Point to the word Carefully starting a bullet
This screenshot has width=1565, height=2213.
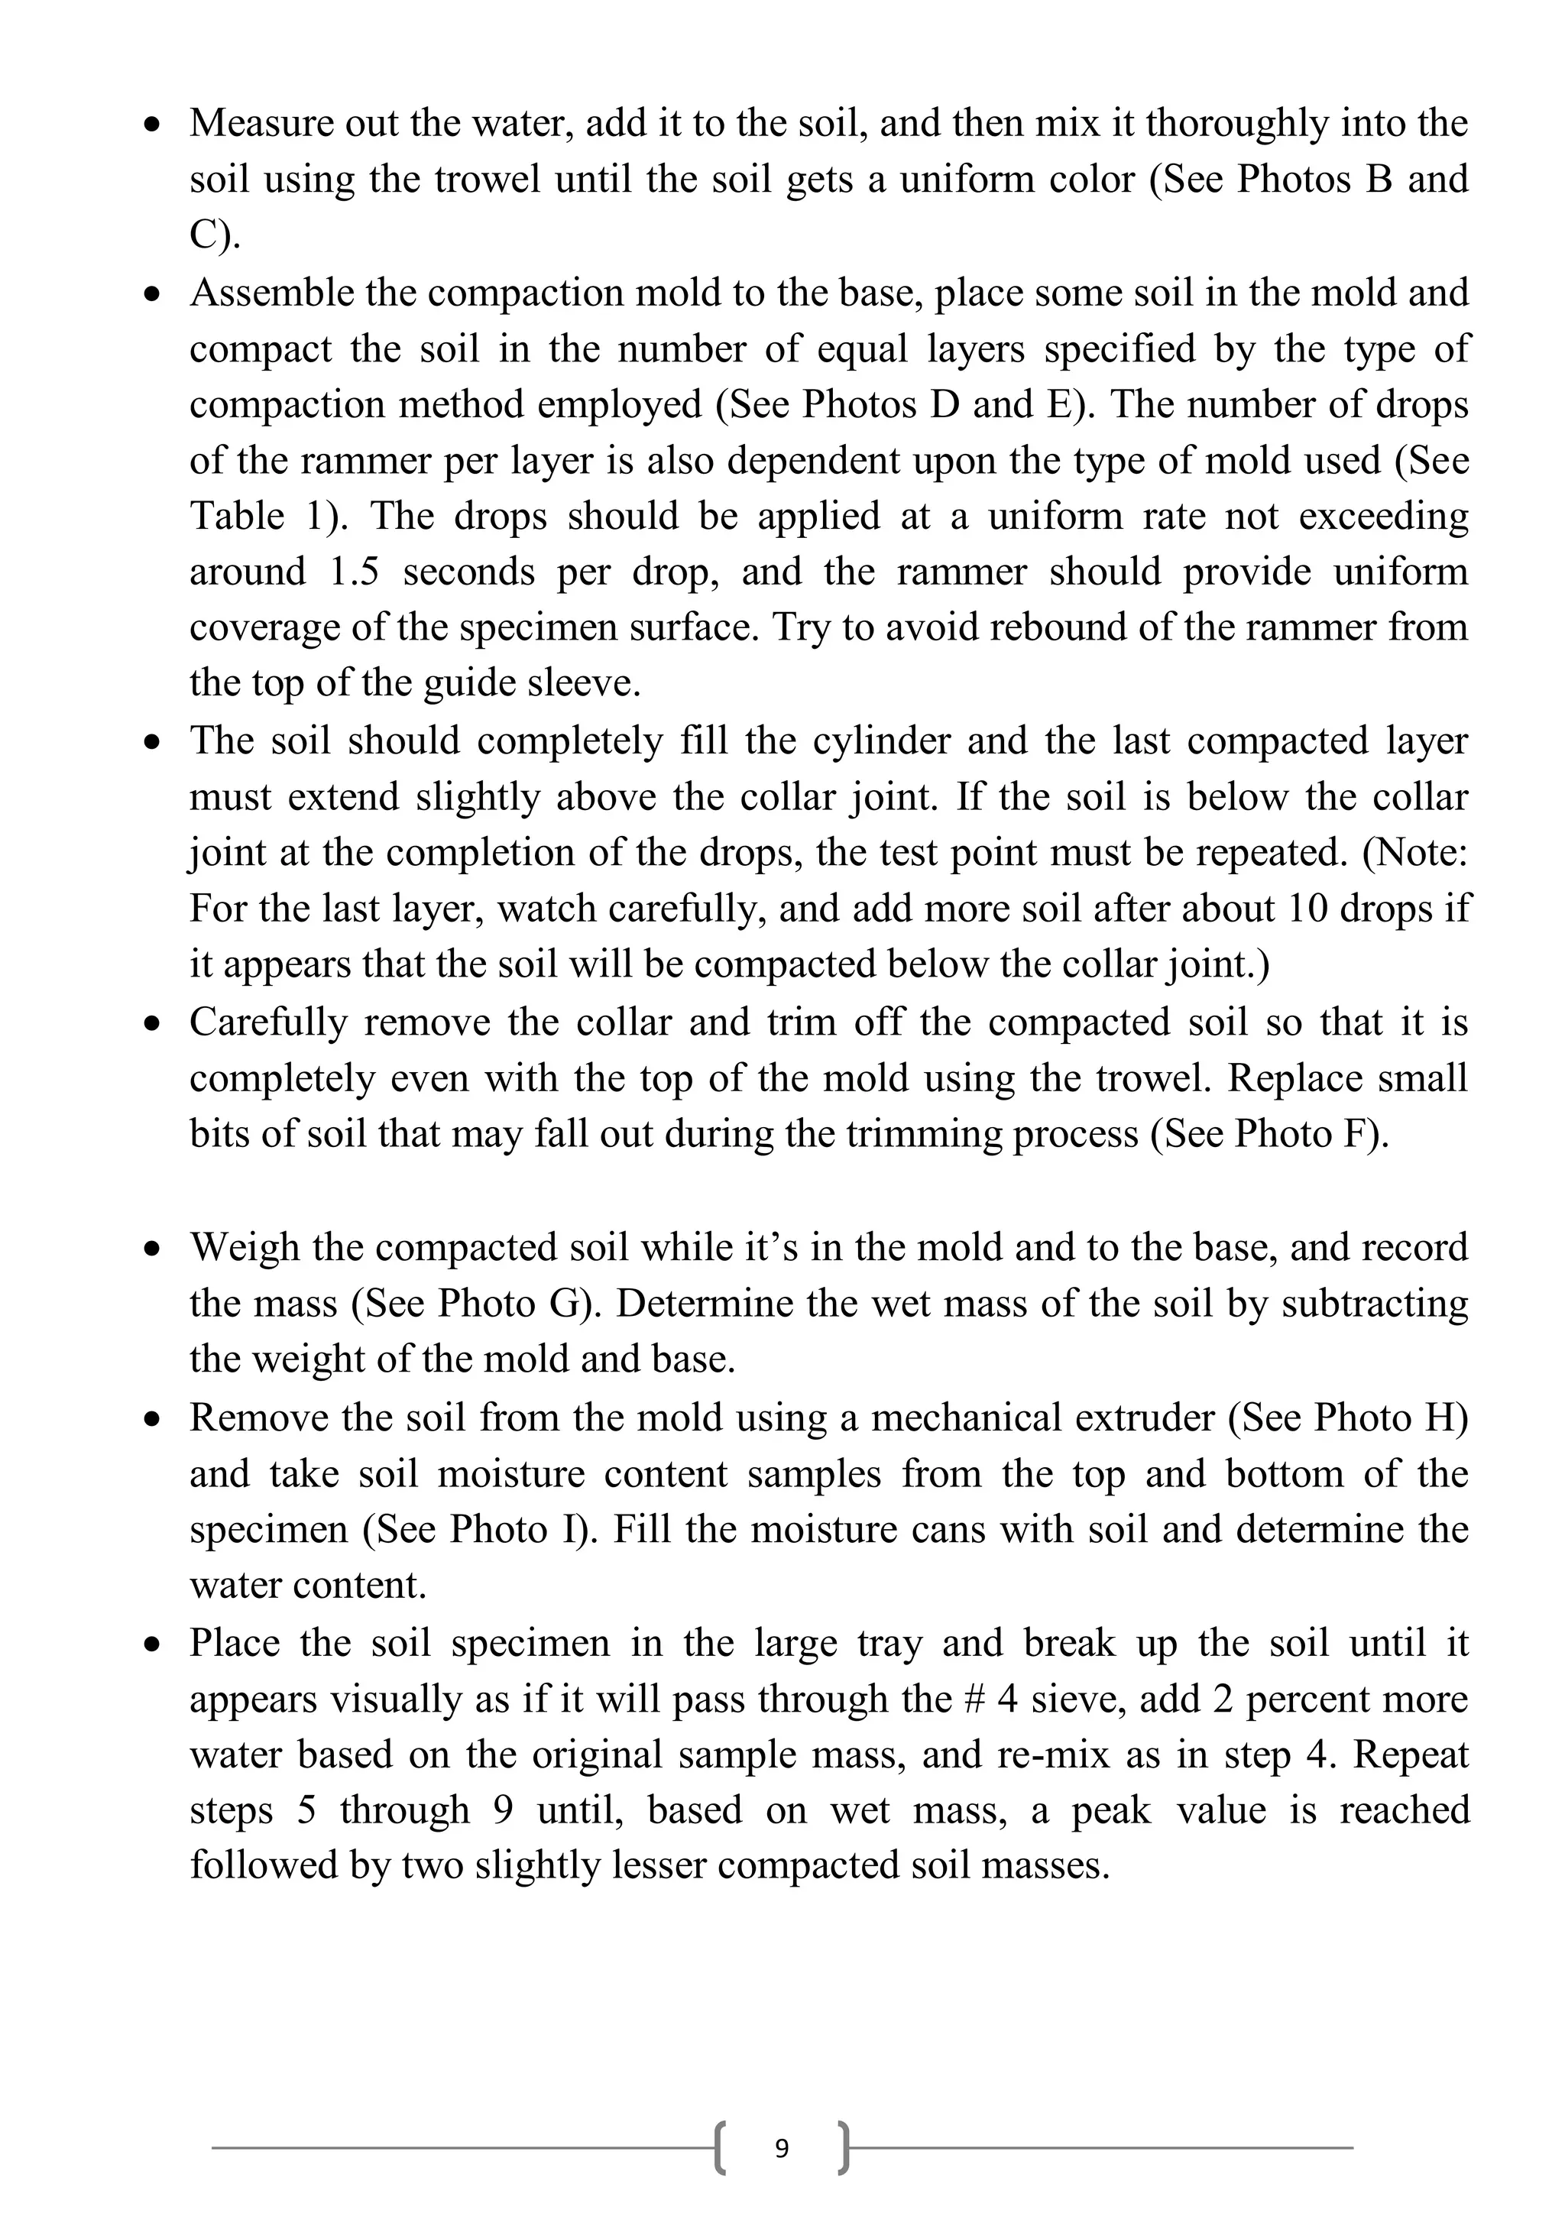(x=268, y=1022)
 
